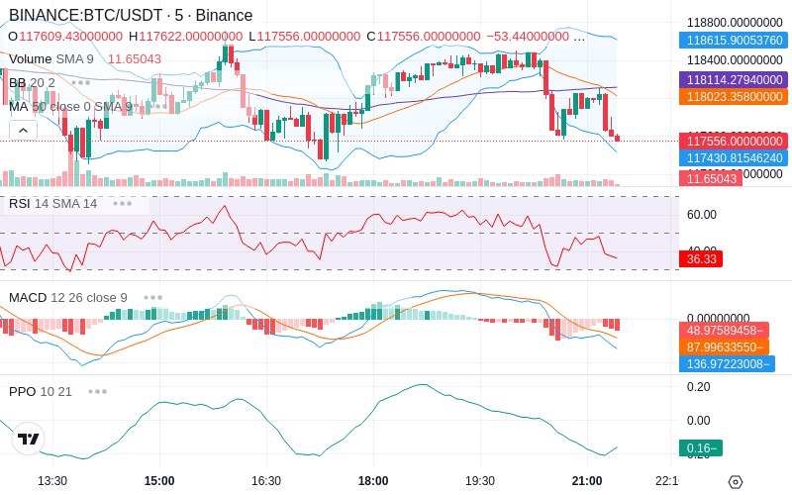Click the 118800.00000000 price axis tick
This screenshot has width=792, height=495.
click(735, 22)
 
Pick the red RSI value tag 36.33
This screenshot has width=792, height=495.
click(700, 258)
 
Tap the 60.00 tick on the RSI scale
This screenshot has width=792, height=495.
click(701, 214)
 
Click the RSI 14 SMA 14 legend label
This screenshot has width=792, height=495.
click(53, 203)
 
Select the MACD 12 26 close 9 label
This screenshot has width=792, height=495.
click(67, 297)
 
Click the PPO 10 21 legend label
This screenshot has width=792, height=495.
click(41, 391)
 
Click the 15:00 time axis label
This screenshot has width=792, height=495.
click(159, 480)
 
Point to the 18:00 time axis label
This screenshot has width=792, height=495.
click(373, 480)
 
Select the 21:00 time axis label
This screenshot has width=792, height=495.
click(587, 480)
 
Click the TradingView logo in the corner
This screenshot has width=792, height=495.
click(29, 439)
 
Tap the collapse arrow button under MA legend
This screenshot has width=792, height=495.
click(23, 130)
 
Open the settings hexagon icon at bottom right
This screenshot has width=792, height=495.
click(735, 482)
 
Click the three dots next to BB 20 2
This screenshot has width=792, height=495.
click(80, 82)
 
